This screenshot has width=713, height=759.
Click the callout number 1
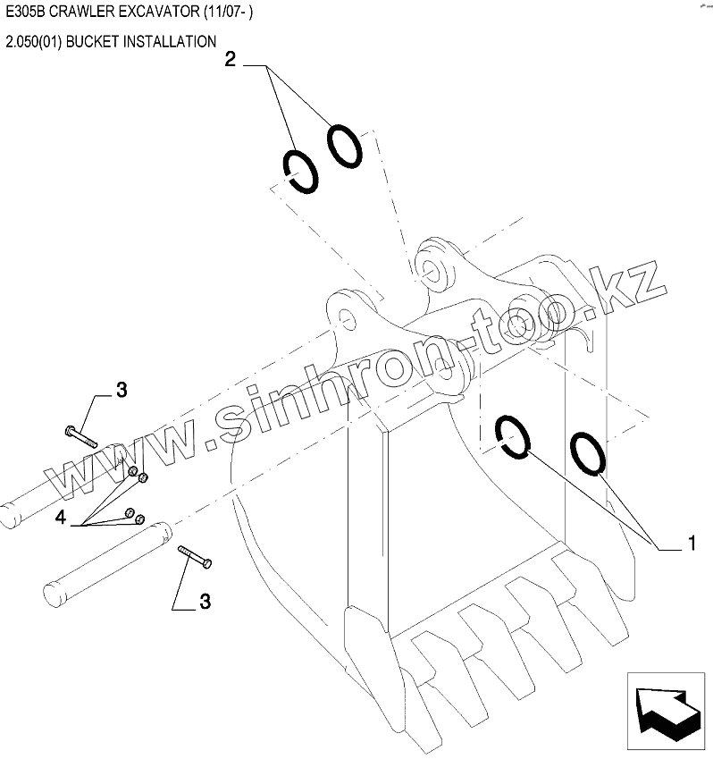click(691, 542)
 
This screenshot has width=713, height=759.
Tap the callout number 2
click(231, 61)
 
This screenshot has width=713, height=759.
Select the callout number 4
click(61, 517)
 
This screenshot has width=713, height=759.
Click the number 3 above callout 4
click(122, 390)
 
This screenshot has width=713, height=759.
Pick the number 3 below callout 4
click(205, 602)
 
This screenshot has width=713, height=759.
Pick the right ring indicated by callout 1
click(588, 452)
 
